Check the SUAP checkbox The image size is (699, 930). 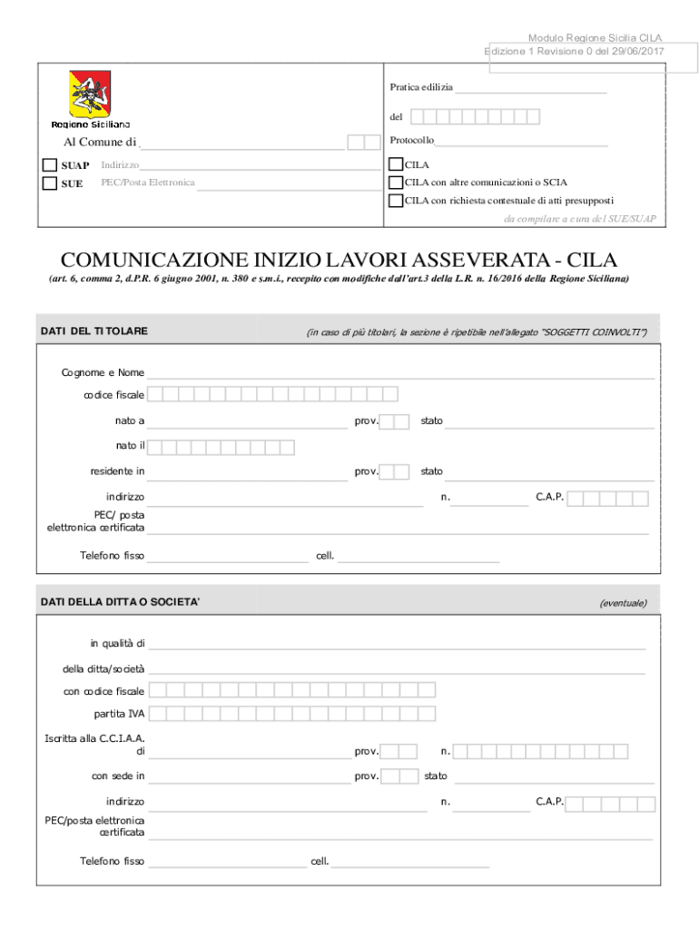[51, 165]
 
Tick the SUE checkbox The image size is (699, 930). [51, 183]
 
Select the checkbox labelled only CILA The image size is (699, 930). [395, 165]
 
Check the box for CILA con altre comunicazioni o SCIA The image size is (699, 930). [395, 183]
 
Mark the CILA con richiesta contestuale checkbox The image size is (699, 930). [395, 201]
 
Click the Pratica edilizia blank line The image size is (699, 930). [530, 89]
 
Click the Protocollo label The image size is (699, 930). [411, 141]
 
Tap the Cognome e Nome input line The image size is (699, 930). [399, 373]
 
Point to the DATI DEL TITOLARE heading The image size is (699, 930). [94, 331]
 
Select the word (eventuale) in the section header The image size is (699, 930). [623, 602]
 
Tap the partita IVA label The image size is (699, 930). [119, 714]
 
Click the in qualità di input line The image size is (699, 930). [397, 645]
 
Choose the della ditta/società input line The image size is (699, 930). [397, 669]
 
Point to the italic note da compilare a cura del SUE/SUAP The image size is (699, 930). [579, 219]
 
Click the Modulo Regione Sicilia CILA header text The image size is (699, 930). [595, 38]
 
